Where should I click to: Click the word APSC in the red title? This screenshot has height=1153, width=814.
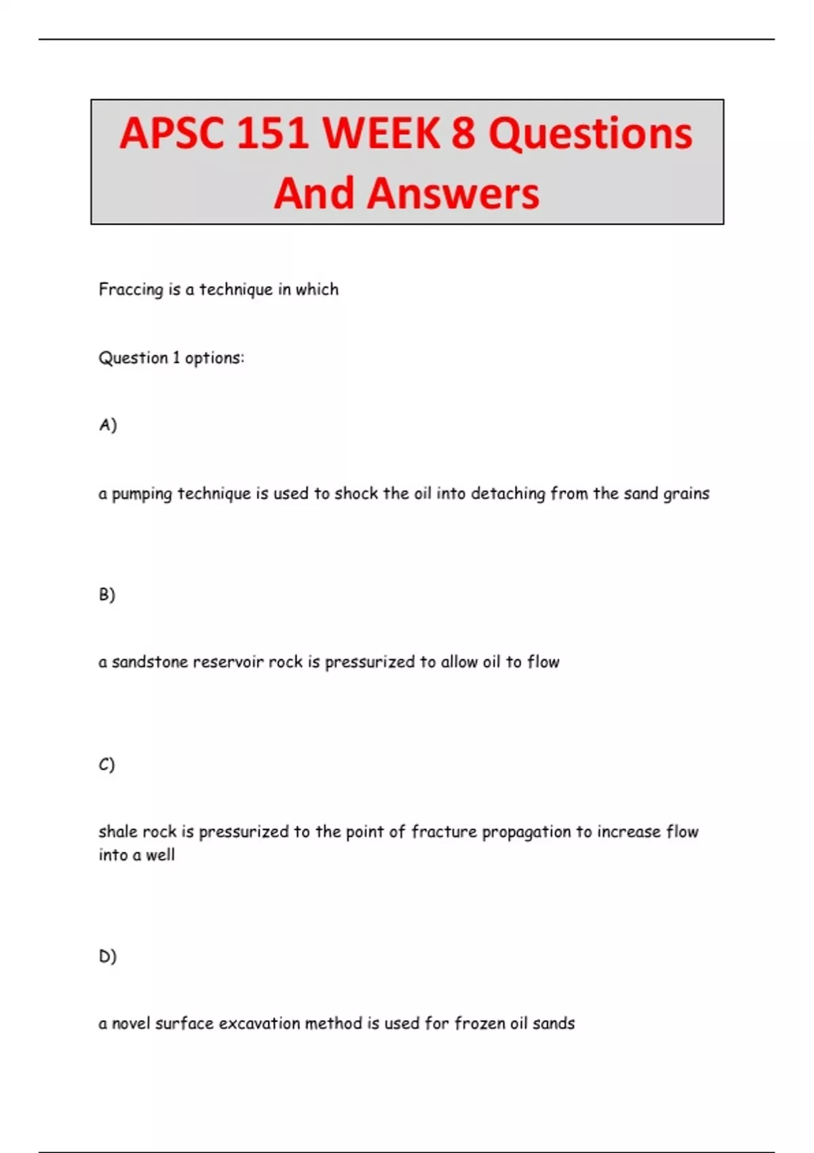coord(172,133)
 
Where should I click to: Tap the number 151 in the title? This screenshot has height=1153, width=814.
coord(273,133)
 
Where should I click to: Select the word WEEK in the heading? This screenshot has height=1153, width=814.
coord(381,133)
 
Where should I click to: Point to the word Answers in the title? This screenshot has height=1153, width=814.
coord(453,193)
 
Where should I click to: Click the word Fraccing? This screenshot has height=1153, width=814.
coord(131,290)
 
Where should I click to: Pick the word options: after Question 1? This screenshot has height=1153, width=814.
coord(214,358)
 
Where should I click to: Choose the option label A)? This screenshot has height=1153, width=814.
coord(108,425)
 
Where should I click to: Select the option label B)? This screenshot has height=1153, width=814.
coord(107,595)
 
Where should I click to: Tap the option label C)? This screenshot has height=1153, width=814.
coord(106,764)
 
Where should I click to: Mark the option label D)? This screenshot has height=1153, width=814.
coord(108,956)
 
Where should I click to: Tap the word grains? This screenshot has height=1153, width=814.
coord(686,494)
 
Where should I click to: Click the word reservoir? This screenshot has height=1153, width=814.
coord(228,662)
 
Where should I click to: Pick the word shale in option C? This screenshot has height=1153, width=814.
coord(115,832)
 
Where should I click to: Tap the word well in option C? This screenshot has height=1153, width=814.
coord(160,855)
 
